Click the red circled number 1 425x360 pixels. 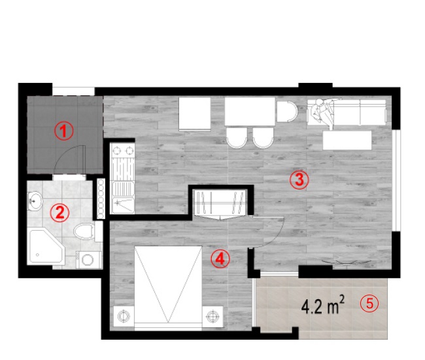click(63, 131)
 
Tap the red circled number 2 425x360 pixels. click(60, 212)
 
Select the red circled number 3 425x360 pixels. click(299, 180)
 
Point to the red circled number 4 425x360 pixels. click(220, 259)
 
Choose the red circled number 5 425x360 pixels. click(369, 303)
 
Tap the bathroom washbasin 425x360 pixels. click(35, 201)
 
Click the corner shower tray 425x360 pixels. click(46, 246)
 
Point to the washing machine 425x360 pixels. click(89, 260)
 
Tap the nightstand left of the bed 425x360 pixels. click(124, 316)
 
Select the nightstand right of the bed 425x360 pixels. click(212, 316)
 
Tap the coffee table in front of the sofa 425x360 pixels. click(347, 140)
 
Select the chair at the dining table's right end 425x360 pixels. click(287, 111)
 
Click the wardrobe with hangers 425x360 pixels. click(220, 203)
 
